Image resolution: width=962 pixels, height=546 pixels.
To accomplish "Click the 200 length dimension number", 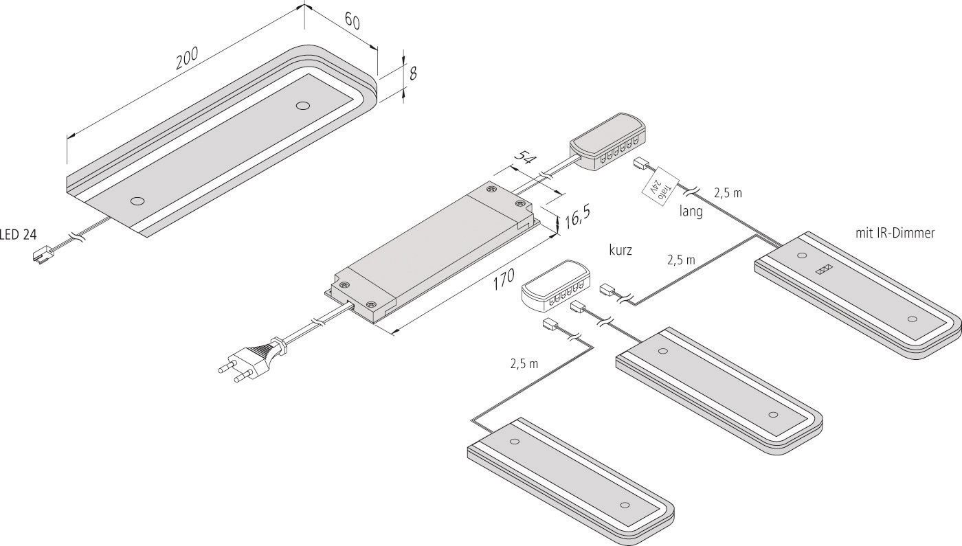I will pos(187,59).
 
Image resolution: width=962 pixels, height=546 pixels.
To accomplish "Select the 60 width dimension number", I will pos(352,21).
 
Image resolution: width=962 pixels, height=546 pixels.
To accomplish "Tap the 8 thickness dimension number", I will pos(412,74).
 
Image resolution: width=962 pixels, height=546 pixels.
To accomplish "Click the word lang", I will pos(691,212).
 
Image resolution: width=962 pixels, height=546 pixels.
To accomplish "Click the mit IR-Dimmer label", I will pos(895,234).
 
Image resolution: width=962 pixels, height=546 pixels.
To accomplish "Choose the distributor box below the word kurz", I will pos(555,285).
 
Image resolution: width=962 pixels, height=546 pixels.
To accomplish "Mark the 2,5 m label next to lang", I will pos(728,193).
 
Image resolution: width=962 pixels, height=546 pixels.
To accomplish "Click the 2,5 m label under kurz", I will pos(681,260).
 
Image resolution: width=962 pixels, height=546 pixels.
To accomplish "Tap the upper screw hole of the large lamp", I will pos(301,106).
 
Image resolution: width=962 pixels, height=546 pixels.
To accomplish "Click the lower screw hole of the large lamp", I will pos(137,201).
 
